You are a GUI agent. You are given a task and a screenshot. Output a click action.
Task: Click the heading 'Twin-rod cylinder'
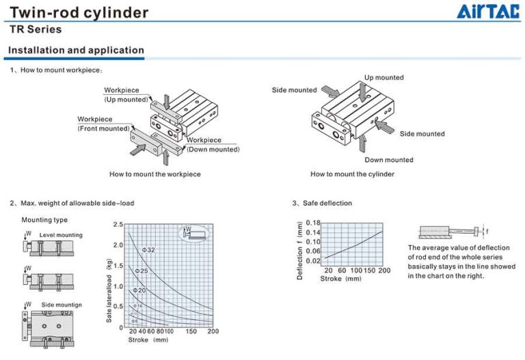tap(79, 12)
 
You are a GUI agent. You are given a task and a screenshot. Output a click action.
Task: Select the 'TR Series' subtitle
tap(36, 29)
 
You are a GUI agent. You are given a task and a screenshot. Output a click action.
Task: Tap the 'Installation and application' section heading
tap(76, 50)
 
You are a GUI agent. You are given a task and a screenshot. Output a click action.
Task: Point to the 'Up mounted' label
tap(383, 78)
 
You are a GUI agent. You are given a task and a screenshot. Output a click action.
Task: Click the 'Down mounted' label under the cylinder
tap(388, 160)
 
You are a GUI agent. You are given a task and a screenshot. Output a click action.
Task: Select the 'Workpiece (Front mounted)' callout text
tap(103, 124)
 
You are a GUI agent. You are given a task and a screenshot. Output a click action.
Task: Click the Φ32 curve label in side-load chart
tap(148, 250)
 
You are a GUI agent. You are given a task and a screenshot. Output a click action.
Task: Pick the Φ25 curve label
tap(142, 271)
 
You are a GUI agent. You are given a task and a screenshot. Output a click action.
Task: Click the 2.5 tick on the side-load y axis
tap(119, 225)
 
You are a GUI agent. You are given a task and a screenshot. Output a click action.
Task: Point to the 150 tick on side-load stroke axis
tap(191, 331)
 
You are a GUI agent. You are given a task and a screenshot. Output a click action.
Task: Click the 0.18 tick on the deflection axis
tap(312, 223)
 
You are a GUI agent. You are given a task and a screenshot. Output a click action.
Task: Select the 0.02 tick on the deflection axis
tap(312, 261)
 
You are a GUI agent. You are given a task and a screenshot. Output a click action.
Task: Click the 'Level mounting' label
tap(61, 235)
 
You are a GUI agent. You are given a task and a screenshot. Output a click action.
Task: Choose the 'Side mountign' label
tap(62, 304)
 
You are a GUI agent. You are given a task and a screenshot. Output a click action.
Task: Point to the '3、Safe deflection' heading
tap(322, 203)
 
